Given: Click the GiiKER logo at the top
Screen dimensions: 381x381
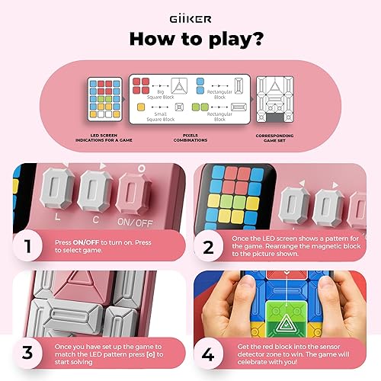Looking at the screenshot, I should pos(190,14).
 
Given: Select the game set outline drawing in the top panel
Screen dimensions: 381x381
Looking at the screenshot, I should pos(277,102).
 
